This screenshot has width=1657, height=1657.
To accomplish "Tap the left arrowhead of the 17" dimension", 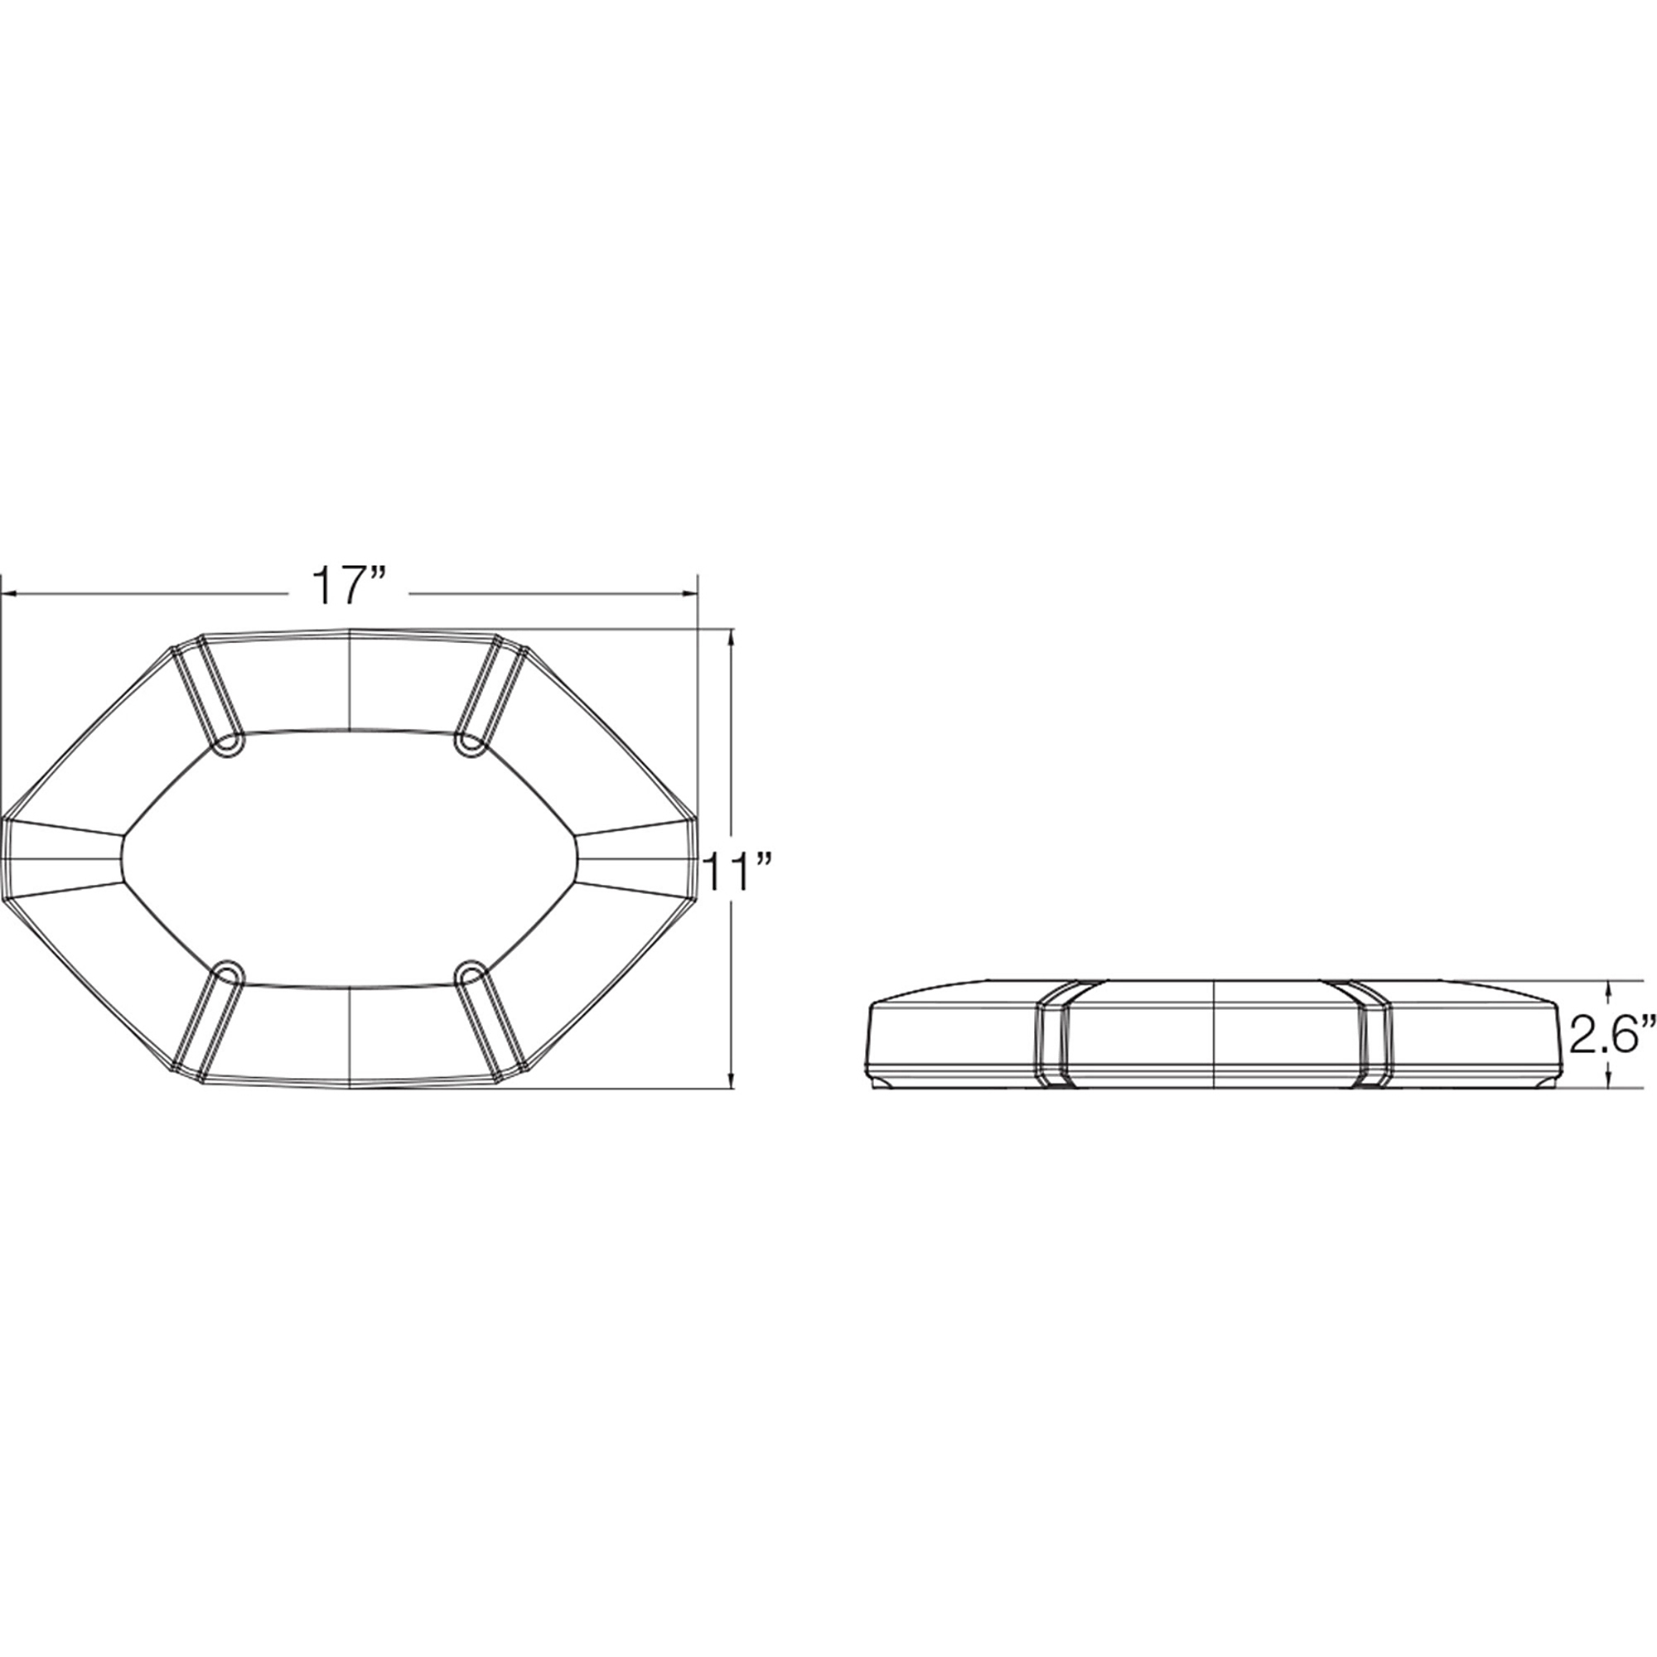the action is tap(11, 592).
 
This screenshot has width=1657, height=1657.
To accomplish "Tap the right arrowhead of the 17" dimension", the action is tap(688, 592).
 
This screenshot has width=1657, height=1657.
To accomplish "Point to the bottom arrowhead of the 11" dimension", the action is tap(731, 1080).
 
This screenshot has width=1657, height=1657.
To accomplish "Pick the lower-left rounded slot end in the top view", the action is tap(227, 973).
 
